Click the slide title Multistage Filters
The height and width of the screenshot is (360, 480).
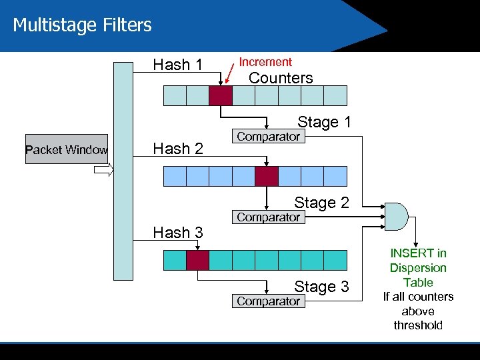pos(82,25)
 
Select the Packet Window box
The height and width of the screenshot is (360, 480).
pos(66,150)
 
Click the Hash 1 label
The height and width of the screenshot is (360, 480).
pos(177,65)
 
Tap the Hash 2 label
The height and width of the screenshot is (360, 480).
pos(177,149)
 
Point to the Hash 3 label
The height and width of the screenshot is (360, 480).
pos(177,233)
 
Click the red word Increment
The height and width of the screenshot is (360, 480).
pos(265,62)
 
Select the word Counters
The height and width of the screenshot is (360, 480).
pos(280,78)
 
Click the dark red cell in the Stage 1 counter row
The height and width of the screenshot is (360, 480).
pos(220,96)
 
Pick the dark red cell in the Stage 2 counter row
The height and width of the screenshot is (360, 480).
pos(266,176)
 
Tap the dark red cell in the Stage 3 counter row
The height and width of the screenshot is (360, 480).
pos(197,260)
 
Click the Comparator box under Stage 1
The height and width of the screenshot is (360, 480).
pos(269,137)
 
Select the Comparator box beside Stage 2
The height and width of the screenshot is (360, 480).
pos(269,217)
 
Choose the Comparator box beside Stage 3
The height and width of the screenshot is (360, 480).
pos(269,301)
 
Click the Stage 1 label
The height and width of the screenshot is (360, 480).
pos(323,122)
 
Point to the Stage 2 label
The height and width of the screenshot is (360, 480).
pos(321,203)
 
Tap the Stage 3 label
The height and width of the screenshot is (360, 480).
pos(321,287)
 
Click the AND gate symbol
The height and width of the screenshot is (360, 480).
pos(397,215)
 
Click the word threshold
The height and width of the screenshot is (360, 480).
pos(418,325)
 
